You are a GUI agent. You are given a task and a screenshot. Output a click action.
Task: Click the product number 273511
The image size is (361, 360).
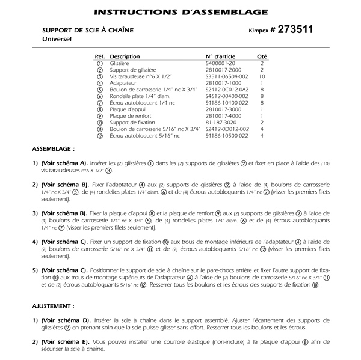point(294,29)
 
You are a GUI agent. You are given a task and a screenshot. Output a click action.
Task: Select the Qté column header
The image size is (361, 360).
point(262,56)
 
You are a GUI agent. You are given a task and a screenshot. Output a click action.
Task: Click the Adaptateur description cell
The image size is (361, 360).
point(123,83)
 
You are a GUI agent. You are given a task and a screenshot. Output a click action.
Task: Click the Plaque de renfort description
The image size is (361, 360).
point(129,116)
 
